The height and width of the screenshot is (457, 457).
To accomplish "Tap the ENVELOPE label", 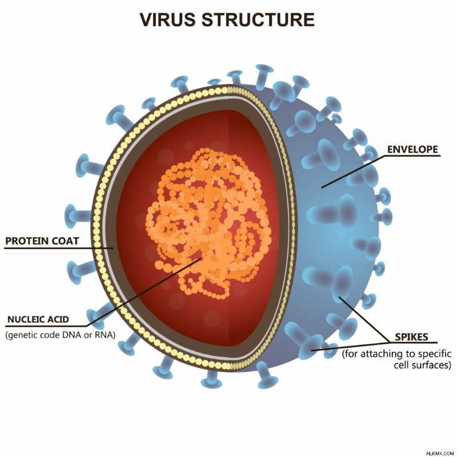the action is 412,149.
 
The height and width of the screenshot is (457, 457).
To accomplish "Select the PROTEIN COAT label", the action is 42,241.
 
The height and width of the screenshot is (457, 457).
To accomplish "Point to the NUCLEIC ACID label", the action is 38,319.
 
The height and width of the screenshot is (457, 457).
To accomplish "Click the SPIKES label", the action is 411,337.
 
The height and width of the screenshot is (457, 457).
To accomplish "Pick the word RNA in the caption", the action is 103,335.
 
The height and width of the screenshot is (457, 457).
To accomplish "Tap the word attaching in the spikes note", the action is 379,354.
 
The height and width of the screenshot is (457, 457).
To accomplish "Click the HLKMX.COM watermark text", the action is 440,454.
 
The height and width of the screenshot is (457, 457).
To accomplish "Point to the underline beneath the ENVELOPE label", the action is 412,155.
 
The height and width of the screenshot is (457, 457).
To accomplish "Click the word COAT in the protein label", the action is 65,241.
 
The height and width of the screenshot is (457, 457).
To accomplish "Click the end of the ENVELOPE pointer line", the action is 322,187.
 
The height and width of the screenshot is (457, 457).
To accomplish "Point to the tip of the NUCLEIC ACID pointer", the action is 201,259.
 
